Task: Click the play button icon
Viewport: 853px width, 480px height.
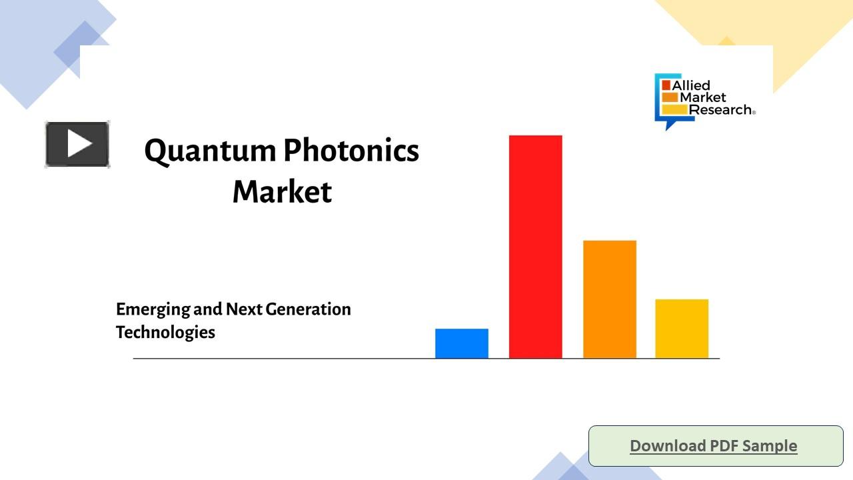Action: pos(77,144)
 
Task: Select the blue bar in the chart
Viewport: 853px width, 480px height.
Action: pos(461,343)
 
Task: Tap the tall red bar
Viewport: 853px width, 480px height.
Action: pos(535,247)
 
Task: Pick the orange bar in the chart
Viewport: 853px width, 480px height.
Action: pos(609,299)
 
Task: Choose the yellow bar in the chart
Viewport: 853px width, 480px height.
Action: pos(682,329)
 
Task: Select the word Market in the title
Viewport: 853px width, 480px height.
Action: pos(282,192)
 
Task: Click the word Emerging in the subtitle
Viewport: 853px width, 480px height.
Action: pos(152,310)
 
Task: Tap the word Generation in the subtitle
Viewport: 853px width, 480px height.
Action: pos(308,309)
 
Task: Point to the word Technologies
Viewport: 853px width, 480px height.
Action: pos(165,332)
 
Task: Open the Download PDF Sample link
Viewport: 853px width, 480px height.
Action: pos(713,445)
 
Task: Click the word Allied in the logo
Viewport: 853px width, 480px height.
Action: pos(691,85)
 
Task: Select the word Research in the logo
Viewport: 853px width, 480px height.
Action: pos(720,110)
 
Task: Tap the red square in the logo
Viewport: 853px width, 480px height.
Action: pos(666,85)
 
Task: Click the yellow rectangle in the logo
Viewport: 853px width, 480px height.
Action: pos(674,109)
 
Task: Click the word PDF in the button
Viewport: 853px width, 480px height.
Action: pos(723,445)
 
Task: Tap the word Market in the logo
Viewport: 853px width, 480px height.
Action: pos(703,97)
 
